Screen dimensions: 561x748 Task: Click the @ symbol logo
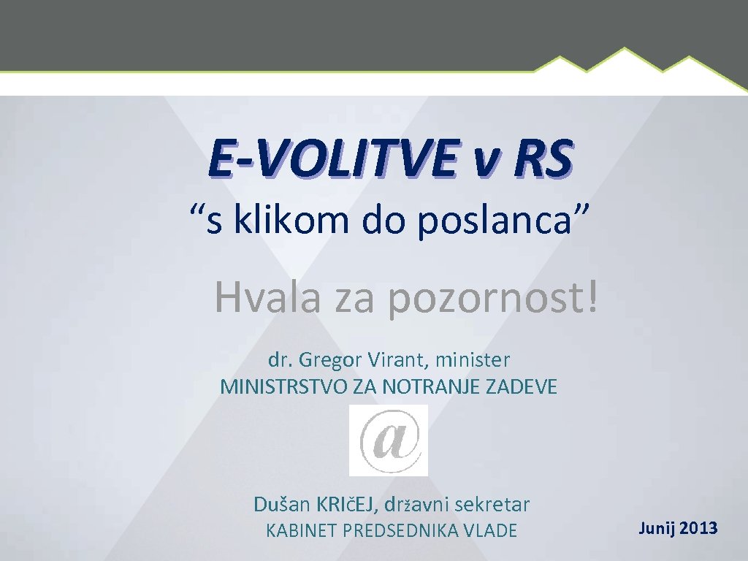tap(389, 440)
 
